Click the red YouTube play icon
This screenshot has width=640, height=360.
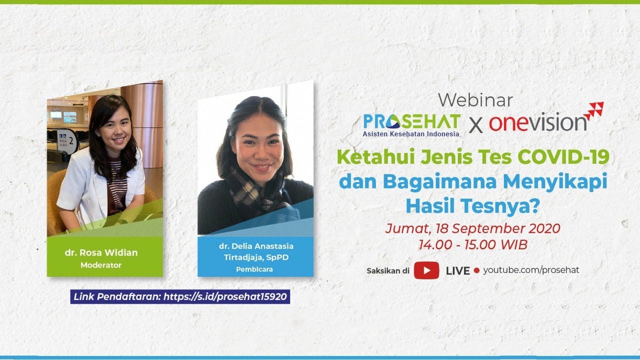pos(426,270)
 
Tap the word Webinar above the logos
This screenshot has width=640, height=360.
pos(475,100)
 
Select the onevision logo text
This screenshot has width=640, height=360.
pos(537,123)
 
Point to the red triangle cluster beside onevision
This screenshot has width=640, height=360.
pos(594,110)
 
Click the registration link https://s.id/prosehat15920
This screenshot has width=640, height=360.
pos(225,296)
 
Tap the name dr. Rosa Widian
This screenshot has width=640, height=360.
pos(101,252)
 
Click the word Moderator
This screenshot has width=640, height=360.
pos(101,265)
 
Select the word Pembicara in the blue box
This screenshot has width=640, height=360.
pos(254,269)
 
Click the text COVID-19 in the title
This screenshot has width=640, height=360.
pos(563,157)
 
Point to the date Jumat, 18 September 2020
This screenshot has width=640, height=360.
pos(472,228)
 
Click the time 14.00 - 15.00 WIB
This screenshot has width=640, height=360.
pos(473,244)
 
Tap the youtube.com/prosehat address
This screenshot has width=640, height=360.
pos(531,270)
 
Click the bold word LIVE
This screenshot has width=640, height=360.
pos(457,271)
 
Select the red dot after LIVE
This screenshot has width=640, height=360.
pos(476,270)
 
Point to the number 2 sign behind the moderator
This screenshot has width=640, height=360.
pos(68,140)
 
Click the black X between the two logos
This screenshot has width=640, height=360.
pos(475,125)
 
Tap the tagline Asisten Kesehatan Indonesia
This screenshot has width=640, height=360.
pos(411,133)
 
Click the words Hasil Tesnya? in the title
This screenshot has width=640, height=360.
pos(473,206)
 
